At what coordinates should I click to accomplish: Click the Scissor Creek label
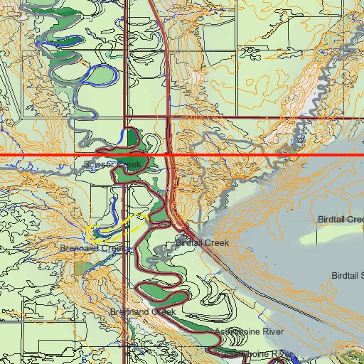(112, 164)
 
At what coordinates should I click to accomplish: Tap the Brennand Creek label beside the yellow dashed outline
(92, 248)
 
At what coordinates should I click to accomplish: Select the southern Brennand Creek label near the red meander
(142, 312)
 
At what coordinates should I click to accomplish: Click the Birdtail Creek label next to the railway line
(202, 243)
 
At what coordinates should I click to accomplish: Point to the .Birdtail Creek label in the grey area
(340, 219)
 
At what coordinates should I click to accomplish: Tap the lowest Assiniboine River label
(257, 353)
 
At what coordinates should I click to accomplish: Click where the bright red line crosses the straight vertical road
(125, 154)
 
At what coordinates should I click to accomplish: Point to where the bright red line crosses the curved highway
(169, 154)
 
